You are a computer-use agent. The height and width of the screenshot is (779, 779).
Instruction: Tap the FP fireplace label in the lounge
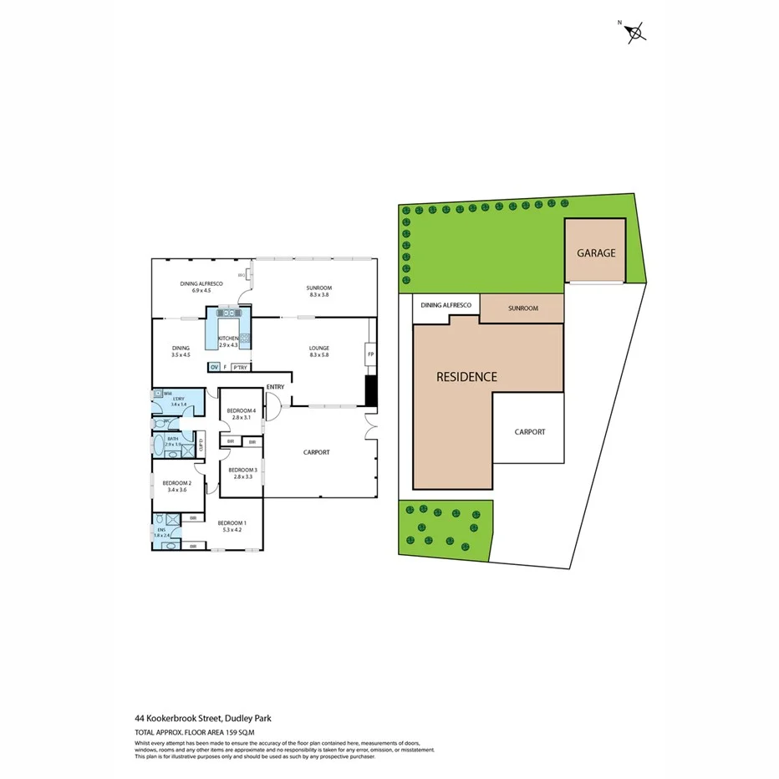coord(369,354)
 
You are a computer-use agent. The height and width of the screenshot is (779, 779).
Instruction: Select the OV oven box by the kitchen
coord(214,367)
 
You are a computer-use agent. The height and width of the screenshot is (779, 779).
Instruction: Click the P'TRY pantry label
coord(239,367)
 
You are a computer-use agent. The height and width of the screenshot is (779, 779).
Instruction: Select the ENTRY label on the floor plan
coord(275,387)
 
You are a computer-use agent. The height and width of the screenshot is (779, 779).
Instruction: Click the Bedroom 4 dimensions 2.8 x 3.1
coord(241,417)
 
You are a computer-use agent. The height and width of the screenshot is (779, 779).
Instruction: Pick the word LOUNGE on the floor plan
coord(318,348)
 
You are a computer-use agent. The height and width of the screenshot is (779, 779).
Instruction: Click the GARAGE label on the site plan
coord(594,252)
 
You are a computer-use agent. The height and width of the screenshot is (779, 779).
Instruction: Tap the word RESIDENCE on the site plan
coord(466,377)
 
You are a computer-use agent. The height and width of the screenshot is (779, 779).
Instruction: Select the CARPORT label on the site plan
coord(529,432)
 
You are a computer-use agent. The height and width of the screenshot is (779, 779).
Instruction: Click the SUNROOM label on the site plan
coord(522,308)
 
